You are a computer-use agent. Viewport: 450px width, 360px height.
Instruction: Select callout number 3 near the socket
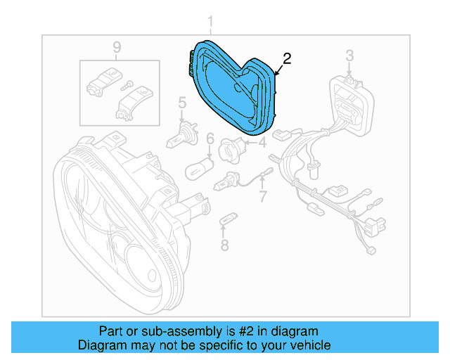(x=349, y=55)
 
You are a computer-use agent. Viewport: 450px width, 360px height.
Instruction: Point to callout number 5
(x=181, y=105)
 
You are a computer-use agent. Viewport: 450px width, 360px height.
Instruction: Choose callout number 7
(x=262, y=196)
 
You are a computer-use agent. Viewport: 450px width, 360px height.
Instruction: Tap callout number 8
(x=224, y=245)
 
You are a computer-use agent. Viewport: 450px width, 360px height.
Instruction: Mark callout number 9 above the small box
(x=117, y=47)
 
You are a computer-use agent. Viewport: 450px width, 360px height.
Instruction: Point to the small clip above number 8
(x=225, y=221)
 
